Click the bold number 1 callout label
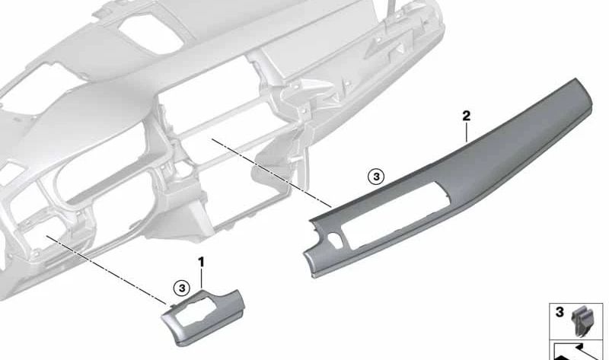(x=201, y=263)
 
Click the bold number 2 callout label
(x=466, y=116)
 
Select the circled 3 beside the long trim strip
(x=375, y=177)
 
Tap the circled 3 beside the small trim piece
(x=181, y=288)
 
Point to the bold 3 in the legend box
(x=560, y=312)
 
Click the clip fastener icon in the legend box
(x=582, y=320)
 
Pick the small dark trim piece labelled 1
(x=202, y=317)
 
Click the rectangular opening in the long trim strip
(x=396, y=215)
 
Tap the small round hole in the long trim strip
(x=333, y=237)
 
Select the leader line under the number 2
(x=467, y=132)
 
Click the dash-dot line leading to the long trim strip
(x=272, y=173)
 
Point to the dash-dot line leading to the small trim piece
(x=106, y=269)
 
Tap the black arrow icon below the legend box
(x=578, y=352)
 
